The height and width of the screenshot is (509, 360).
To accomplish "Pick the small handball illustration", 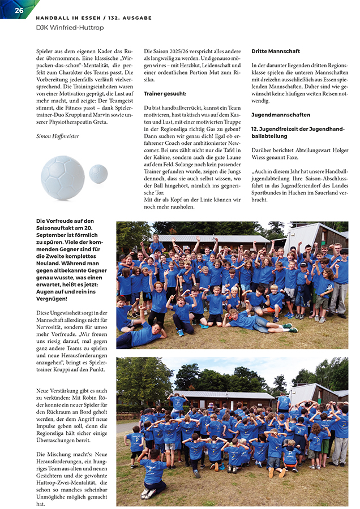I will click(x=98, y=174).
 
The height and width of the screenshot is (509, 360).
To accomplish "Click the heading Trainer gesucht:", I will click(x=165, y=93).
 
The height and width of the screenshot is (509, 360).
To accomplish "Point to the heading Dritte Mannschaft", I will click(x=276, y=51).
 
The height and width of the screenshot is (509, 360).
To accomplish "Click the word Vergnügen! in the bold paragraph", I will click(x=51, y=298).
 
